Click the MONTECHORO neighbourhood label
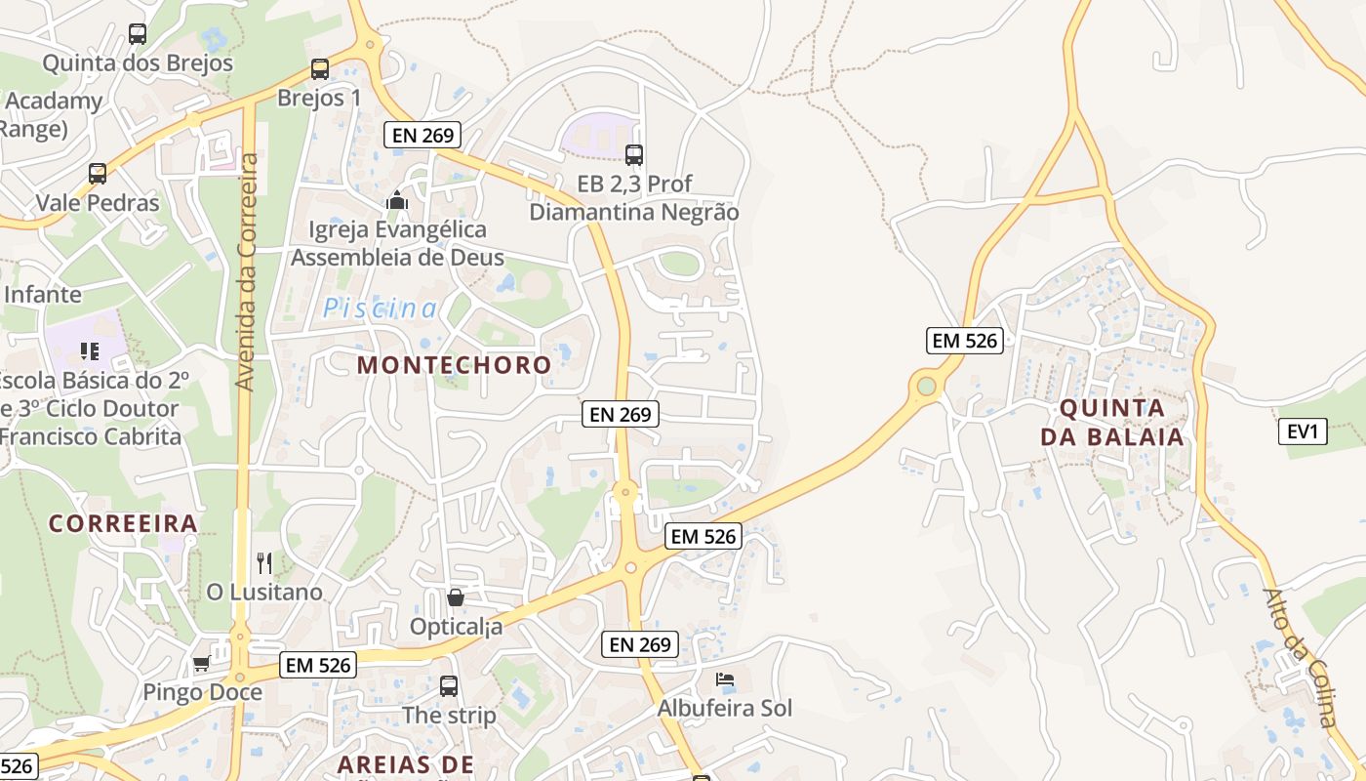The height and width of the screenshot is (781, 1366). tap(454, 365)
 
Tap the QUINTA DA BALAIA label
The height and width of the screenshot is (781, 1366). tap(1112, 422)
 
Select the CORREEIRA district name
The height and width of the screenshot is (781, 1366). tap(123, 523)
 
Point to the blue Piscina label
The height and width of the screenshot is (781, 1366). tap(381, 308)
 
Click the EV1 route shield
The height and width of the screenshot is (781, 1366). tap(1303, 431)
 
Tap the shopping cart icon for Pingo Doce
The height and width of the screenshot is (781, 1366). tap(201, 664)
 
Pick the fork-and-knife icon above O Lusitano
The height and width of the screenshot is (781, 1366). tap(263, 562)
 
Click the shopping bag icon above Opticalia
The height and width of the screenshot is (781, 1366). tap(456, 596)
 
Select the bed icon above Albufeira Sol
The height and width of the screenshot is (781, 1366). tap(724, 678)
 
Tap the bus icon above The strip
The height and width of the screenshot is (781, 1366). tap(449, 685)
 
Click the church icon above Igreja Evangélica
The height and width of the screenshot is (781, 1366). tap(397, 200)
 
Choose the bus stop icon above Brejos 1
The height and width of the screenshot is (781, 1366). tap(320, 68)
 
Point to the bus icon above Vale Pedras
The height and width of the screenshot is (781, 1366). tap(98, 174)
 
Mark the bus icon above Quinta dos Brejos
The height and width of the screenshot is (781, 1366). tap(138, 34)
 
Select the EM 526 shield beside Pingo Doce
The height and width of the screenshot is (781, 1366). tap(318, 665)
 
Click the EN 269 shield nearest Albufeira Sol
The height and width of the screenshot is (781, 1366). tap(640, 644)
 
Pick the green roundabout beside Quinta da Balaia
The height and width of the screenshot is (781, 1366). tap(926, 387)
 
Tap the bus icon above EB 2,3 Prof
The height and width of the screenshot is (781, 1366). tap(634, 154)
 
